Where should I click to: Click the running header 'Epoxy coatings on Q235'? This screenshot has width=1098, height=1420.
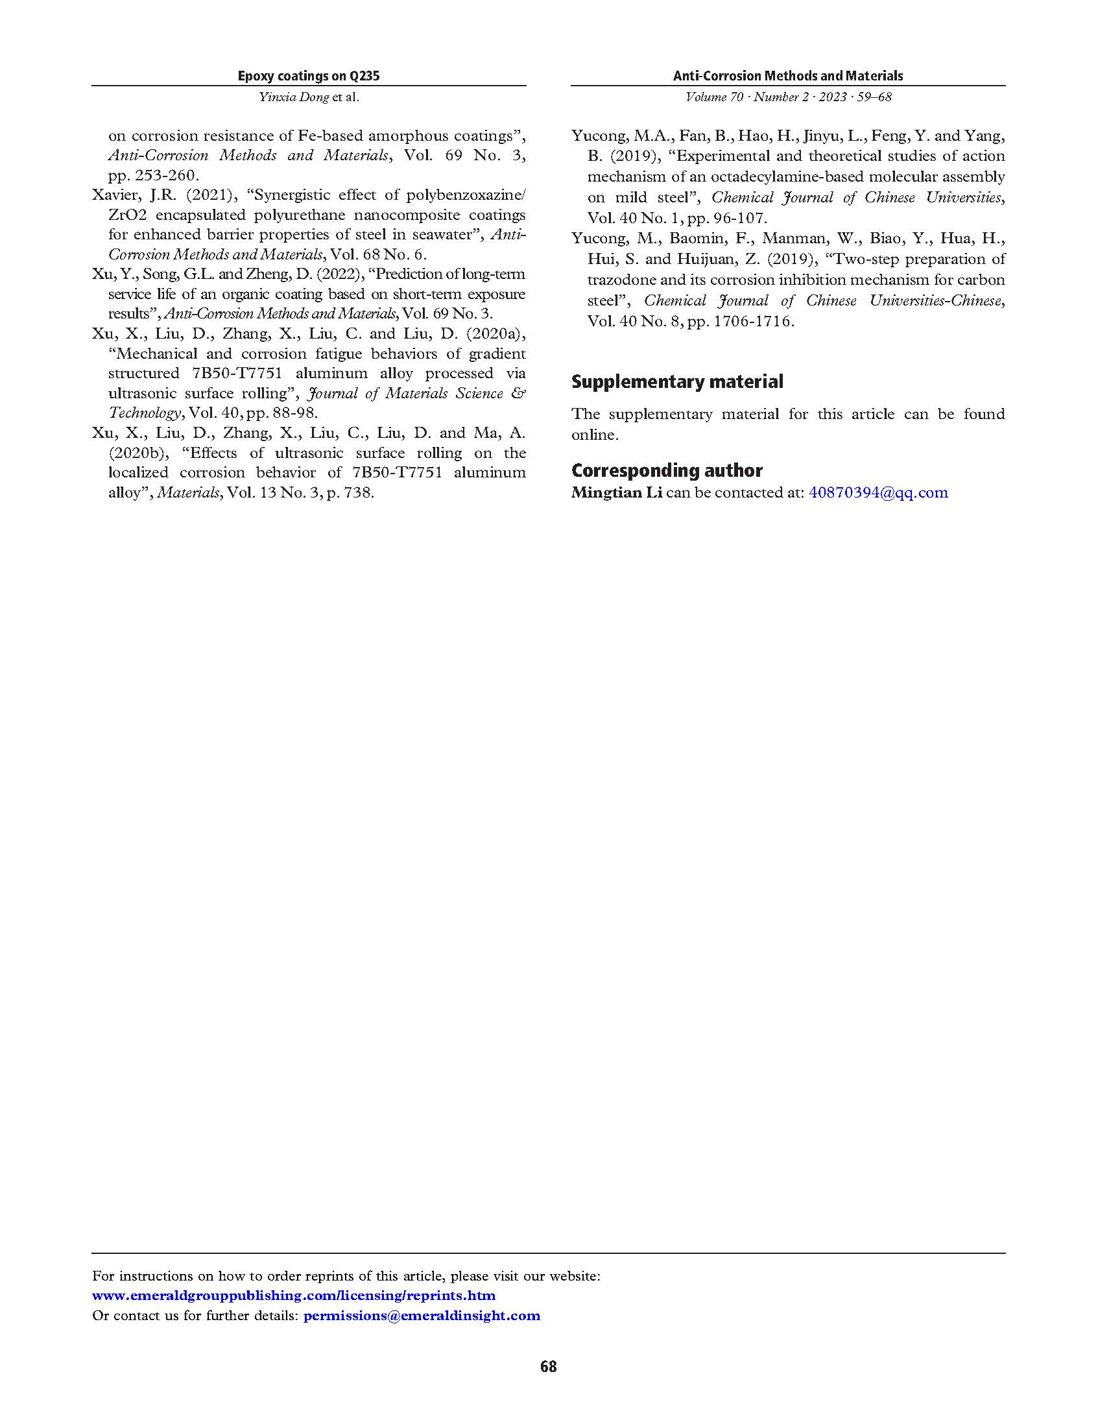[308, 76]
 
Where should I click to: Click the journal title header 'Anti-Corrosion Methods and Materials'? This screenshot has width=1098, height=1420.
[787, 76]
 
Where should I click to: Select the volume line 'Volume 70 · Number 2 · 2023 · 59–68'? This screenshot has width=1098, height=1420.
[788, 97]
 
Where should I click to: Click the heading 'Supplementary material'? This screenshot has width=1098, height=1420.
[676, 381]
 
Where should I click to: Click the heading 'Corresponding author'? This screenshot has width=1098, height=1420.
[666, 470]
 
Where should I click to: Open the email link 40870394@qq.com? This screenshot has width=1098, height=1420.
[877, 492]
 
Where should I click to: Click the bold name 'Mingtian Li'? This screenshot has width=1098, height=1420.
[616, 492]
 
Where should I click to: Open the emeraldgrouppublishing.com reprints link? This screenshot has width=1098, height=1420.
[293, 1295]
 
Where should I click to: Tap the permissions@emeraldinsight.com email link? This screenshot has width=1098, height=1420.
[422, 1316]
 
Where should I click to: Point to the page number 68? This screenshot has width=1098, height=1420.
[548, 1366]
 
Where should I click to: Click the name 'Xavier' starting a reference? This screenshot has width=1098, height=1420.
[113, 195]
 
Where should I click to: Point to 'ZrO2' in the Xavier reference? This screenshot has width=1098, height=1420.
[123, 215]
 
